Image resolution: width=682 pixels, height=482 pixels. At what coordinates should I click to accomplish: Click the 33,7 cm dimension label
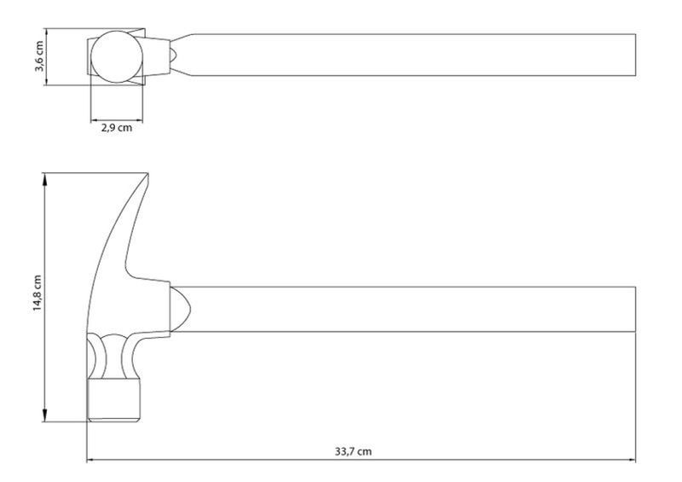click(x=353, y=451)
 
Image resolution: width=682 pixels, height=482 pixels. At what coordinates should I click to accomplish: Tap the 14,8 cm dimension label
click(x=38, y=293)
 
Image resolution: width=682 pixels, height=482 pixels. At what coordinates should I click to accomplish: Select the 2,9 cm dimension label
click(x=117, y=128)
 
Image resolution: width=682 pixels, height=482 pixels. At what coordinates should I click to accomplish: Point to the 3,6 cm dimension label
click(x=38, y=56)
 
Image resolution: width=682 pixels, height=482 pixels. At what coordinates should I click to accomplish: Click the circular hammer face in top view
click(x=117, y=56)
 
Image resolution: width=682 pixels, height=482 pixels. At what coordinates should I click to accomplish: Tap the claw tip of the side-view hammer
click(x=147, y=174)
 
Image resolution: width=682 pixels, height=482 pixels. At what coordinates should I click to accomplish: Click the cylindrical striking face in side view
click(x=114, y=400)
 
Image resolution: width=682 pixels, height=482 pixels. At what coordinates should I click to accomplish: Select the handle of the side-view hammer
click(x=402, y=309)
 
